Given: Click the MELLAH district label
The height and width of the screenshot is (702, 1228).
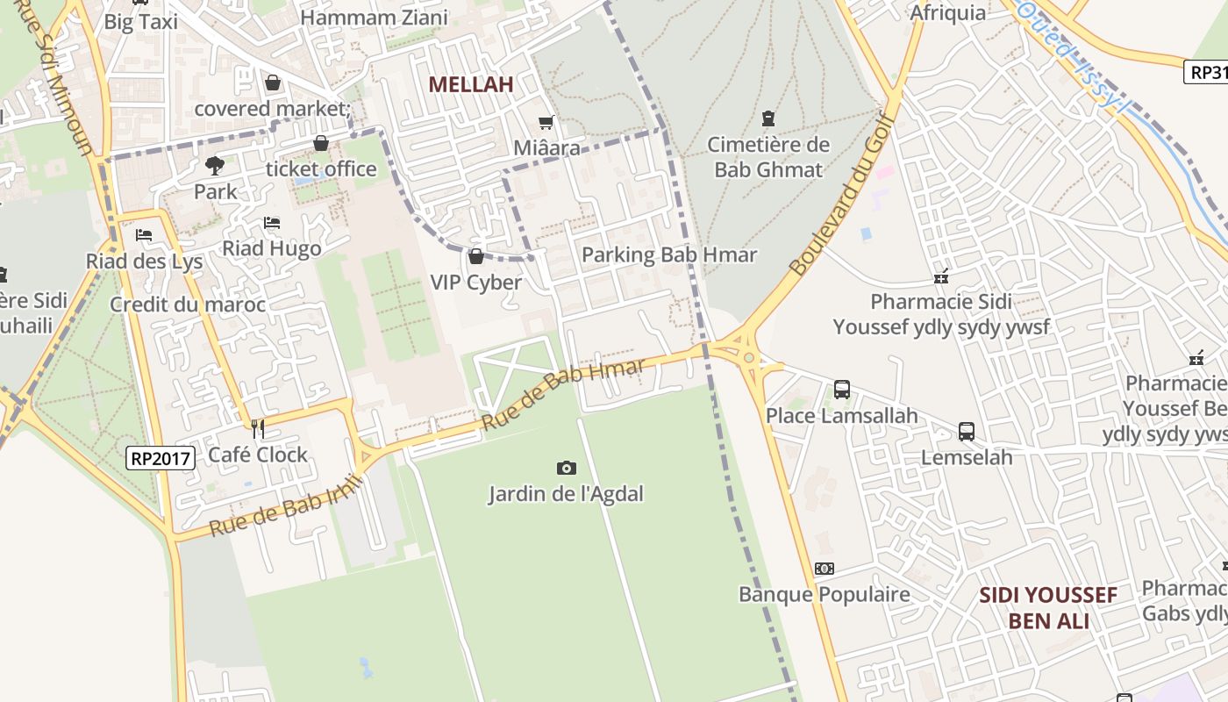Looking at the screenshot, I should [470, 84].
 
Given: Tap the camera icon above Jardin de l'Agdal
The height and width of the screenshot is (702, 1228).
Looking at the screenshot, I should [566, 469].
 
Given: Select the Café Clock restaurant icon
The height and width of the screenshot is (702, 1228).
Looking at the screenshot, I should [258, 428].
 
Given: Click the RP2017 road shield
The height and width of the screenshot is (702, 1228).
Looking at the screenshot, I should [160, 458].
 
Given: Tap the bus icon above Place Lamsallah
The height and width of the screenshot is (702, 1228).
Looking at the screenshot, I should [842, 389].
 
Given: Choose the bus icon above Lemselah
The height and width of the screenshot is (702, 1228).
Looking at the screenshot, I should [967, 432].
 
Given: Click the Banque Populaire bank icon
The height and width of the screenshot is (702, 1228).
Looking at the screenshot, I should [824, 569].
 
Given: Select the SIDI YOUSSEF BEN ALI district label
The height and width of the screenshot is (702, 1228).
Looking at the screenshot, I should [1048, 608].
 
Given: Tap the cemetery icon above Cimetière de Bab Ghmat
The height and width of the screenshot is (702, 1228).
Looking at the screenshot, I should [768, 118].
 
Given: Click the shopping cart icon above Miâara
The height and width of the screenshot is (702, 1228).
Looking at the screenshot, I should [546, 122].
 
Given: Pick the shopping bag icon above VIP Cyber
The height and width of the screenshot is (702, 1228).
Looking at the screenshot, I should [476, 256].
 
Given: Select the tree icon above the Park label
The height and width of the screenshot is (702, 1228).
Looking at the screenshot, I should [215, 165].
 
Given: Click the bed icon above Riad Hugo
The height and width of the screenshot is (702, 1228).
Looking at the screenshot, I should [272, 223].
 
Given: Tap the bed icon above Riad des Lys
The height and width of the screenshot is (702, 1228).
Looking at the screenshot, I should [144, 235].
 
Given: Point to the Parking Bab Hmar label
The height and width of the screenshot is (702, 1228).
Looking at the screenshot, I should [669, 255].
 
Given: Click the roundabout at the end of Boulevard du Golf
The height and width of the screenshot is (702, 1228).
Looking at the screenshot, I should [748, 356].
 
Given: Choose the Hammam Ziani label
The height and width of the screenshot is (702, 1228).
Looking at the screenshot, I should [374, 17].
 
